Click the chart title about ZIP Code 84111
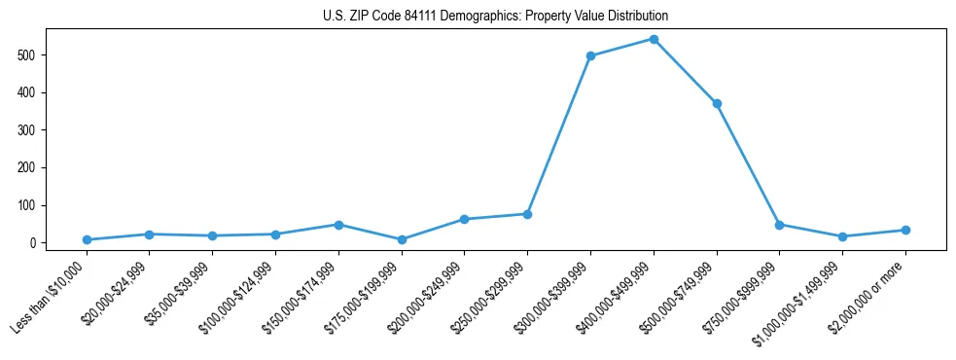click(495, 17)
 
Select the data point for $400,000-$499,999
click(654, 39)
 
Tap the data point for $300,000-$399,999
click(590, 55)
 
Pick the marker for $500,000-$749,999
click(717, 103)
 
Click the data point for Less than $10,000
click(87, 239)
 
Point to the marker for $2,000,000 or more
click(905, 230)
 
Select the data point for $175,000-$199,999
click(402, 239)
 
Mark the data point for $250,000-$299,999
click(527, 214)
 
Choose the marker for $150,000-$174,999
click(338, 225)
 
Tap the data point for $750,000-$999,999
click(779, 225)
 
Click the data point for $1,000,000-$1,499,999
click(842, 236)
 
